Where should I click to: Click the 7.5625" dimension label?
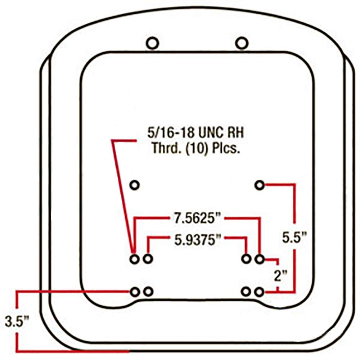pyautogui.click(x=197, y=218)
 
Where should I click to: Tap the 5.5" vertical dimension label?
pyautogui.click(x=294, y=238)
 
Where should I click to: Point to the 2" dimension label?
pyautogui.click(x=280, y=275)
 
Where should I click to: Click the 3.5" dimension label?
pyautogui.click(x=17, y=321)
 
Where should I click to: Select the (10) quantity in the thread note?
pyautogui.click(x=197, y=148)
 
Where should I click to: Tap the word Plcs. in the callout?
pyautogui.click(x=226, y=148)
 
